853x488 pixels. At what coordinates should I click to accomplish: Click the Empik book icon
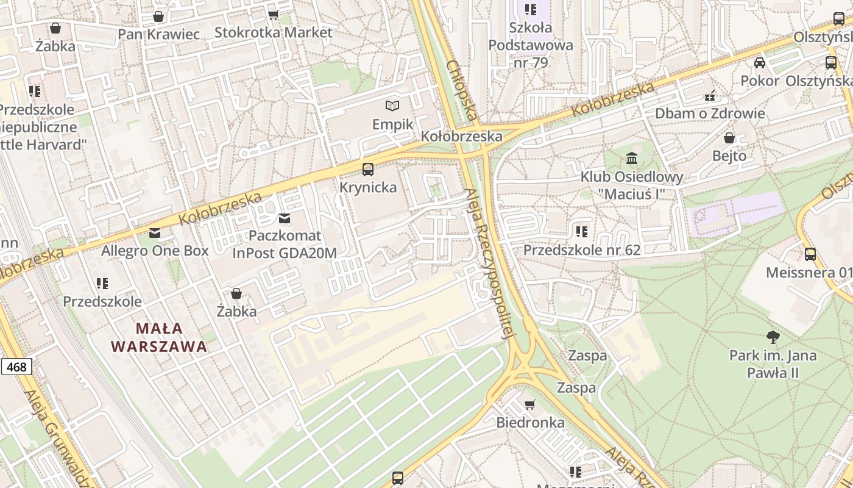(392, 106)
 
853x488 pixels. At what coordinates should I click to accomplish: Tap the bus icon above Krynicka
(368, 170)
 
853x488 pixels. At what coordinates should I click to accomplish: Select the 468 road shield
(16, 367)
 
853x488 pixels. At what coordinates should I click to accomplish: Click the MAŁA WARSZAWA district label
(159, 337)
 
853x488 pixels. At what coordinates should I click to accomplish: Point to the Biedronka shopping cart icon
(530, 405)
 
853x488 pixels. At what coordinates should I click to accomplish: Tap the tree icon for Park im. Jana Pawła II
(773, 337)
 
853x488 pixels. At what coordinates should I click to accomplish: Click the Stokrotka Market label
(274, 32)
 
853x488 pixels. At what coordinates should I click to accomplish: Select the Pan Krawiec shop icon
(158, 16)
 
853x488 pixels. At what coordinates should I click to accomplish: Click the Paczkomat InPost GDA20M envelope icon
(284, 218)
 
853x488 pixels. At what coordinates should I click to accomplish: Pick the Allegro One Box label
(155, 251)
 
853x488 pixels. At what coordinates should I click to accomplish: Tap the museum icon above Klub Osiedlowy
(632, 159)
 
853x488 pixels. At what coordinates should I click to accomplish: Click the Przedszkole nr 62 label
(582, 250)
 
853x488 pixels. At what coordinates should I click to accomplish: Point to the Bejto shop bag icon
(729, 138)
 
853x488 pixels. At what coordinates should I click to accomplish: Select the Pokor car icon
(760, 63)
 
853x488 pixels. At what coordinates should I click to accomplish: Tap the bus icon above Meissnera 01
(810, 254)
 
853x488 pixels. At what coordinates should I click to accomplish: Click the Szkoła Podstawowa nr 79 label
(531, 45)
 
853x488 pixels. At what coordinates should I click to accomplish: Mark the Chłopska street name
(461, 90)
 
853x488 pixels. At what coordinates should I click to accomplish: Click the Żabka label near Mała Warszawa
(236, 311)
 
